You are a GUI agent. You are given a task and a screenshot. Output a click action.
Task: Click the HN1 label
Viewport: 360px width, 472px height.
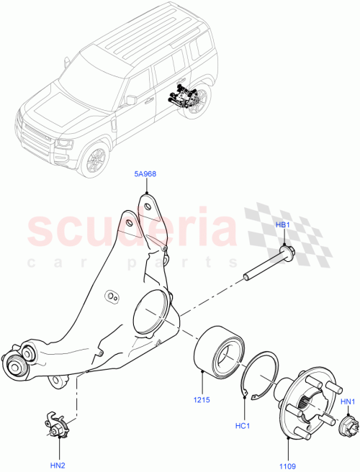coord(348,401)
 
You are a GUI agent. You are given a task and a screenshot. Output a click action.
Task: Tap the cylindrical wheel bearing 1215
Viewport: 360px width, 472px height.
coord(218,350)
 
